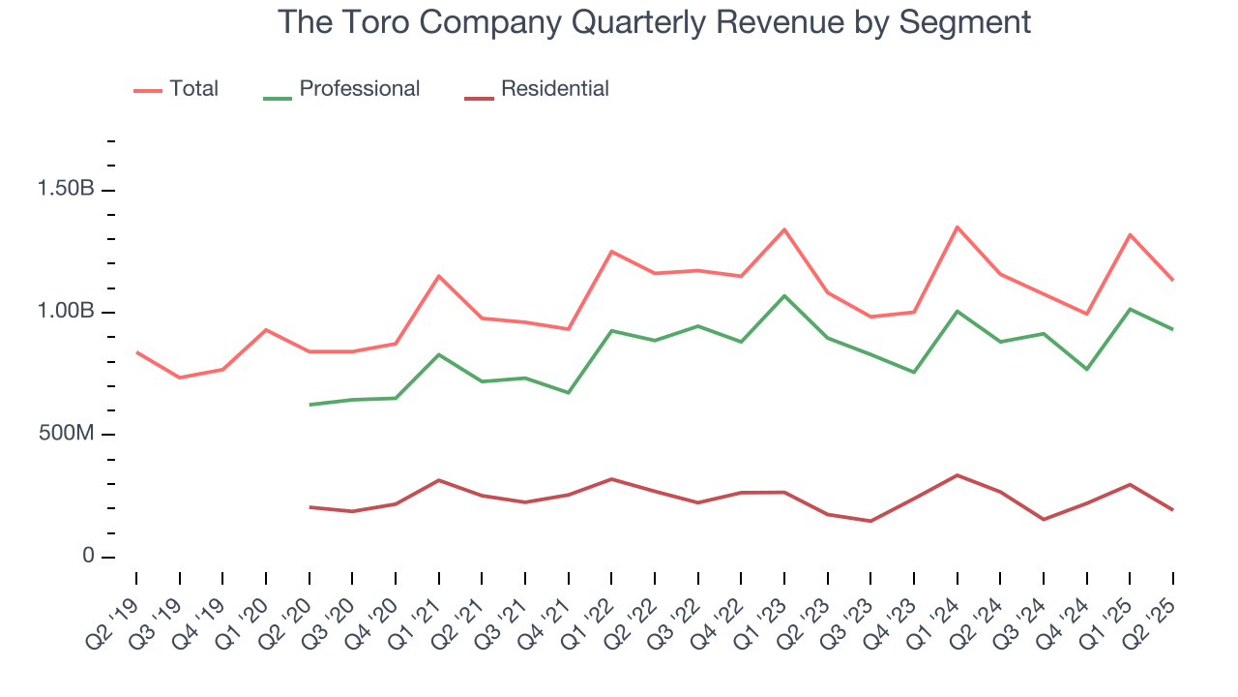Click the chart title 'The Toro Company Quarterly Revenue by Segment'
[654, 21]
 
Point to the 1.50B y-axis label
[66, 189]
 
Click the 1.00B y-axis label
[66, 312]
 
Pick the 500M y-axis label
[66, 434]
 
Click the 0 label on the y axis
[88, 557]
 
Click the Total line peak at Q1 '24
[958, 227]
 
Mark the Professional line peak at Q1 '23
[784, 295]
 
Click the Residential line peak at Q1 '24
[958, 475]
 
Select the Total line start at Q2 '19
[136, 352]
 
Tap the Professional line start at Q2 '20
[309, 405]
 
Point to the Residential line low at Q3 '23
[870, 521]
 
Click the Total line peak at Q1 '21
[439, 276]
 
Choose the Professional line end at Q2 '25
[1173, 329]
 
